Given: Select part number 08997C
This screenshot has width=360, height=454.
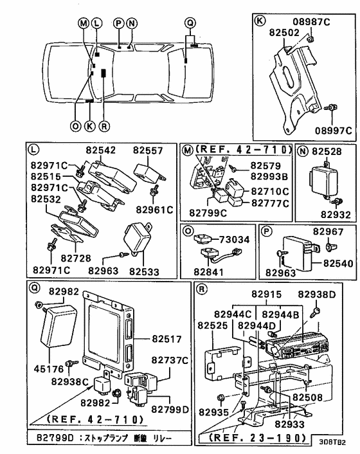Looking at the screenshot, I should click(x=332, y=131).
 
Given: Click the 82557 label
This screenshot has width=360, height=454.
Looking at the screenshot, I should click(x=149, y=150).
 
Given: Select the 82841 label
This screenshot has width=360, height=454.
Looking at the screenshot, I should click(x=213, y=272).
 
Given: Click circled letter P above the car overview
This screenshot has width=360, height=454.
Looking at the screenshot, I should click(x=118, y=22).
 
